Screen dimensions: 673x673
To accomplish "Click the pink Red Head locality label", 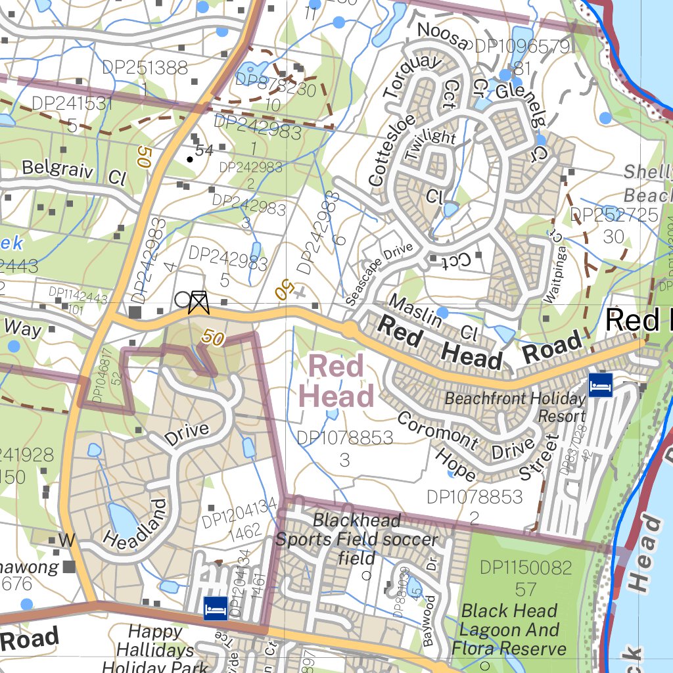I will pos(336,382).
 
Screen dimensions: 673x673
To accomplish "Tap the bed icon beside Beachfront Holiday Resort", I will pos(600,384).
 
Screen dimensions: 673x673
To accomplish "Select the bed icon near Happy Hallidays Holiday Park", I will pos(216,608).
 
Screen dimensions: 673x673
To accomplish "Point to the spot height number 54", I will pos(204,151).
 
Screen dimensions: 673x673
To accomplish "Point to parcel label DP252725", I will pos(614,215).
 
